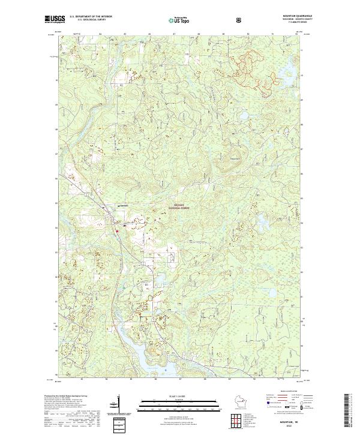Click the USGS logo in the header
(x=54, y=19)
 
